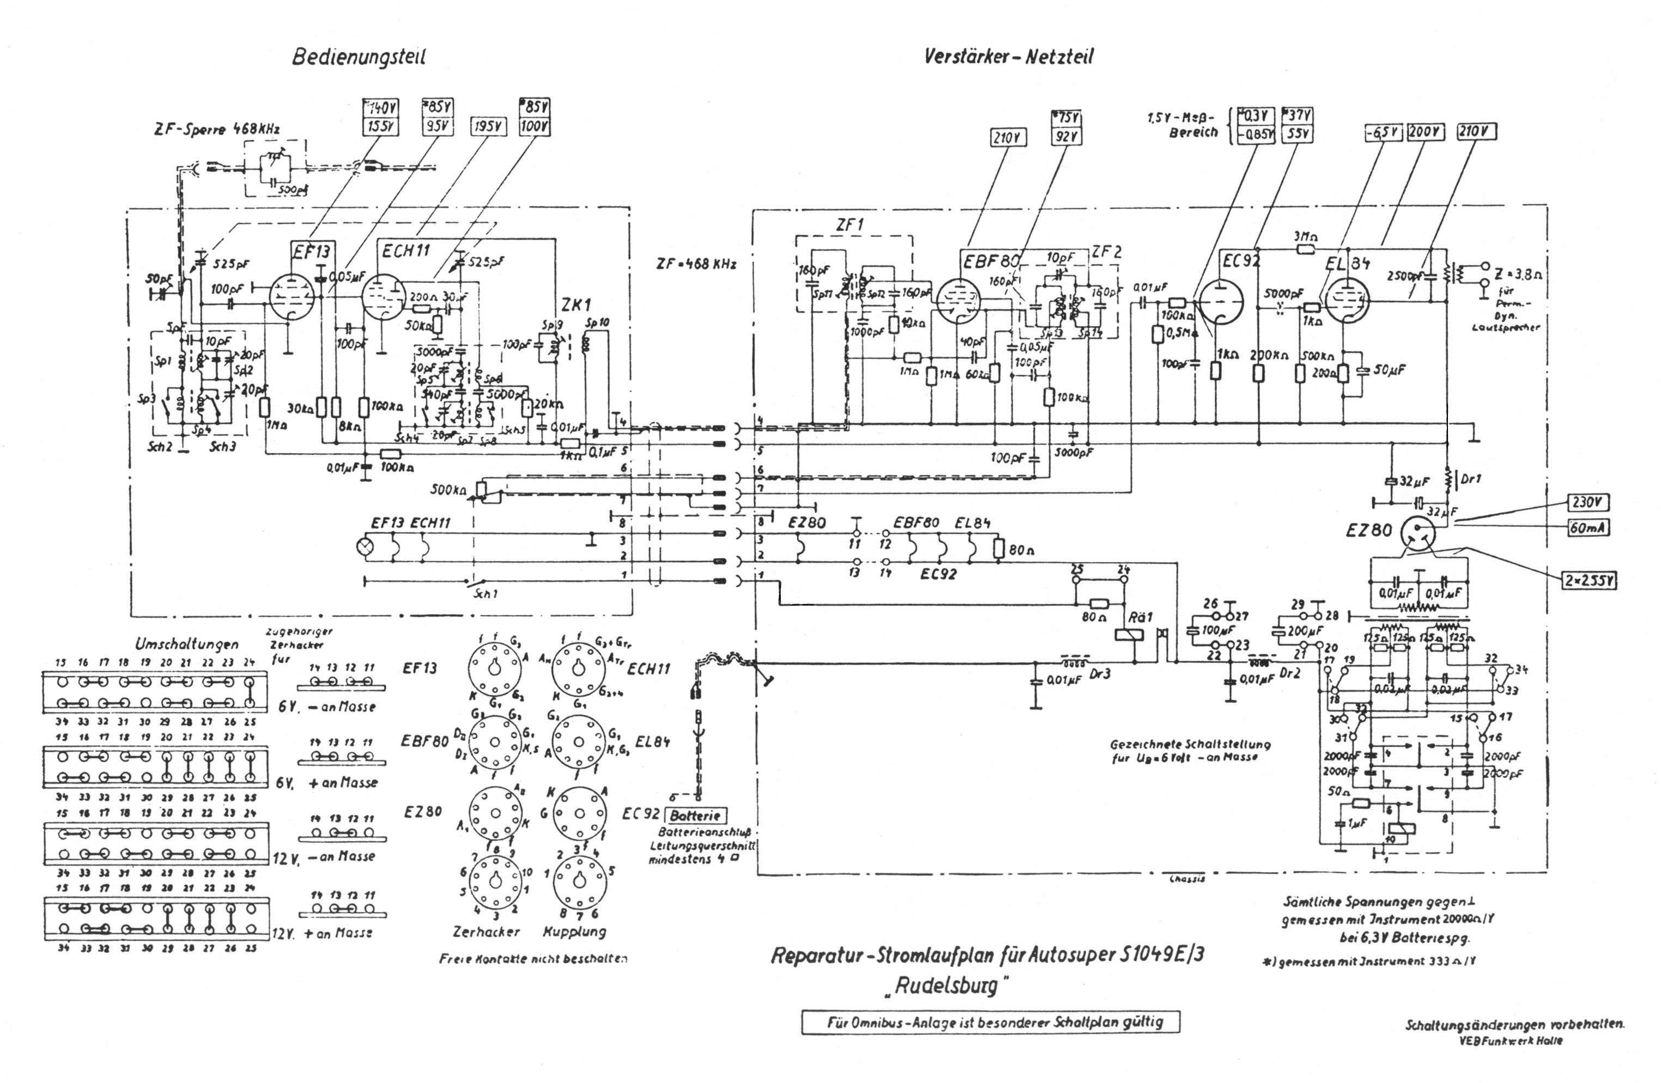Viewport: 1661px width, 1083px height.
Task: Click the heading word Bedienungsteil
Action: click(358, 57)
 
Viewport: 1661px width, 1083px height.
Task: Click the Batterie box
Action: click(695, 815)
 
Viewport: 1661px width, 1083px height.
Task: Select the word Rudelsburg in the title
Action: click(953, 987)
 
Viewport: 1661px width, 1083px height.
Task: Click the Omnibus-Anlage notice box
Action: click(990, 1023)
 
